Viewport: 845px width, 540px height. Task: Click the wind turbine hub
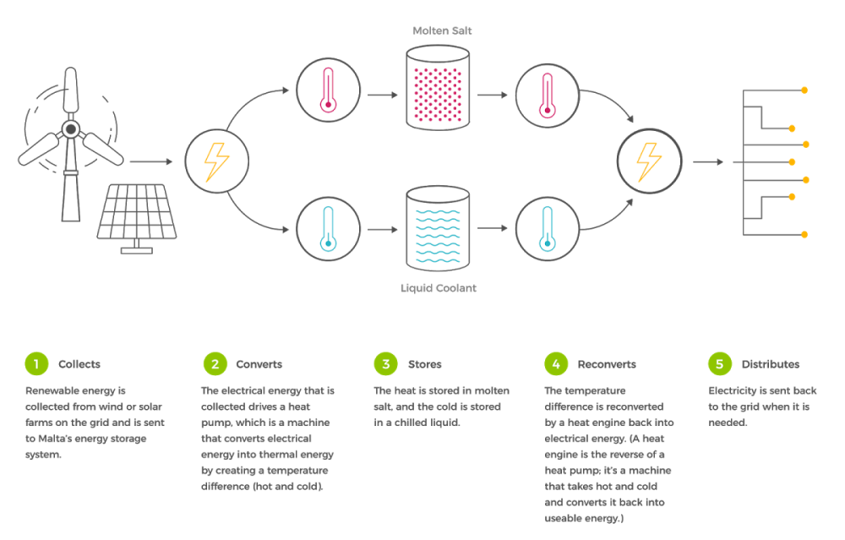71,129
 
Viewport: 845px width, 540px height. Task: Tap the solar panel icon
136,214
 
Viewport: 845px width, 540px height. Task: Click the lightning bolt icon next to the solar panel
216,161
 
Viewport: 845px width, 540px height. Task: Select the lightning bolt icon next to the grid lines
648,161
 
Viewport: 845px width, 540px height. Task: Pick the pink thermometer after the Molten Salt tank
548,93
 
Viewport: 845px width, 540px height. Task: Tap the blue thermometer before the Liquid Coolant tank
328,229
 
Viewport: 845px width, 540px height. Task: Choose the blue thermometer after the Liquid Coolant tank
548,229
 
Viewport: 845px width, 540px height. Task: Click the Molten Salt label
438,30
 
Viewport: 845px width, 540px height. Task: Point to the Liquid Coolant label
438,288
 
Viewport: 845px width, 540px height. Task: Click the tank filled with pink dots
438,88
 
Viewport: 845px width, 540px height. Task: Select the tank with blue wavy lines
438,227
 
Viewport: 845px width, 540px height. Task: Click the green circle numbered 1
35,364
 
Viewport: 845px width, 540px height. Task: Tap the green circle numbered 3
385,364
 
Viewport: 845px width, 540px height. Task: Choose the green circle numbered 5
719,364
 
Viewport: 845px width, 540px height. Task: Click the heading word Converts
259,364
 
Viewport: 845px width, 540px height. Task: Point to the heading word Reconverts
607,364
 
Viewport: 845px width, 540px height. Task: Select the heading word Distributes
770,364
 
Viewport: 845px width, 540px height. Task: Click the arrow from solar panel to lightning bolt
152,161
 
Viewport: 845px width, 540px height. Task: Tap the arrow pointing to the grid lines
707,161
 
